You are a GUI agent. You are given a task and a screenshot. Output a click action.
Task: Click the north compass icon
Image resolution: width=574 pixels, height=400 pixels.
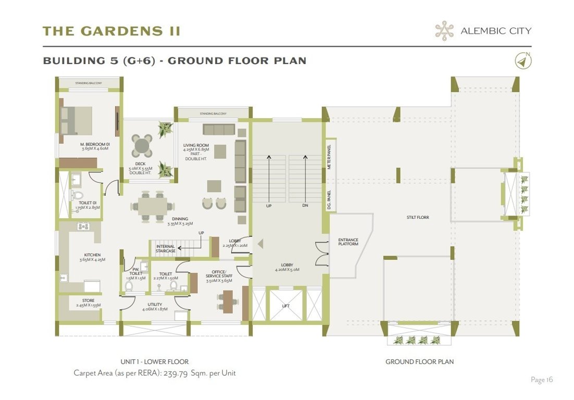coord(523,61)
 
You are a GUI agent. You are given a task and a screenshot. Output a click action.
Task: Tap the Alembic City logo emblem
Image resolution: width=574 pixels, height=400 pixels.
coord(444,31)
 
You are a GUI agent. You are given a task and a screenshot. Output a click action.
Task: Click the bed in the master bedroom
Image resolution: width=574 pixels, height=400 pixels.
coord(76,121)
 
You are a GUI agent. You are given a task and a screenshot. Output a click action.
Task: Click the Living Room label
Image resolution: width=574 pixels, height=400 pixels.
coord(196,145)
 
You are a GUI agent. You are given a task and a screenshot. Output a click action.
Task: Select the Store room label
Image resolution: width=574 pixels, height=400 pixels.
coord(88,301)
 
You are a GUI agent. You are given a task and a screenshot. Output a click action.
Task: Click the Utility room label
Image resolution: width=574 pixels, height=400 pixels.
coord(155,305)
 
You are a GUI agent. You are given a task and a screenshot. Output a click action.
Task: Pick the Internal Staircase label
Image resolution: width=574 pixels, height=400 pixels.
coord(166,248)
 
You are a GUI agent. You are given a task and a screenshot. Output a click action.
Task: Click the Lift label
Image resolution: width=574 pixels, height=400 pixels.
coord(285,306)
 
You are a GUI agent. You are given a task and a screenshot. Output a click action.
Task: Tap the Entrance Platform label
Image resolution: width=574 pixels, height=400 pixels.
coord(348,242)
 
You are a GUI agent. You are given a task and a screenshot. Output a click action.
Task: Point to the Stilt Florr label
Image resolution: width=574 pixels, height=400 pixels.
coord(417,217)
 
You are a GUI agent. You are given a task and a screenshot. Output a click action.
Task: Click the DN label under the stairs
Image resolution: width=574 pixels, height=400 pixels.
coord(305,206)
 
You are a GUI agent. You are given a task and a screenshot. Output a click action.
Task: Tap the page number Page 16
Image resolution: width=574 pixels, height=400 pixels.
coord(542,380)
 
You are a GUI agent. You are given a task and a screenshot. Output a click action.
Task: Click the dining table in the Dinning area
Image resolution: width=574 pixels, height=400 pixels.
coord(153,204)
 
